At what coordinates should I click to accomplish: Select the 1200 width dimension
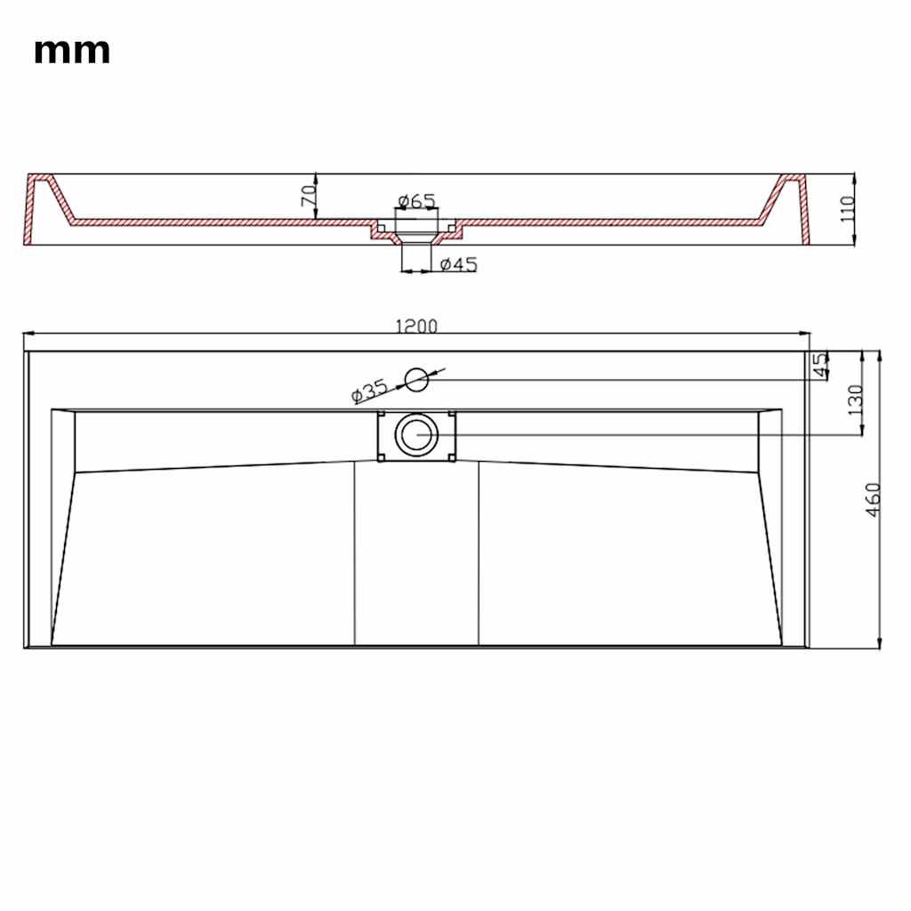pyautogui.click(x=416, y=326)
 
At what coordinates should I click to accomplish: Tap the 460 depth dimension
pyautogui.click(x=874, y=500)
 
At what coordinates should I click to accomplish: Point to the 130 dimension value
pyautogui.click(x=856, y=399)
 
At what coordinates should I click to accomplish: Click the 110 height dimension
pyautogui.click(x=848, y=208)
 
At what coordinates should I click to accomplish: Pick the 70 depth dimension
pyautogui.click(x=309, y=195)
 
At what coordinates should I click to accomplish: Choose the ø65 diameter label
pyautogui.click(x=416, y=201)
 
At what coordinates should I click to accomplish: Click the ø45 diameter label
pyautogui.click(x=458, y=264)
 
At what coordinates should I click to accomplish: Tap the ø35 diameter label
pyautogui.click(x=369, y=391)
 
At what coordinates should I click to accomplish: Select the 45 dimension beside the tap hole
pyautogui.click(x=819, y=366)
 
